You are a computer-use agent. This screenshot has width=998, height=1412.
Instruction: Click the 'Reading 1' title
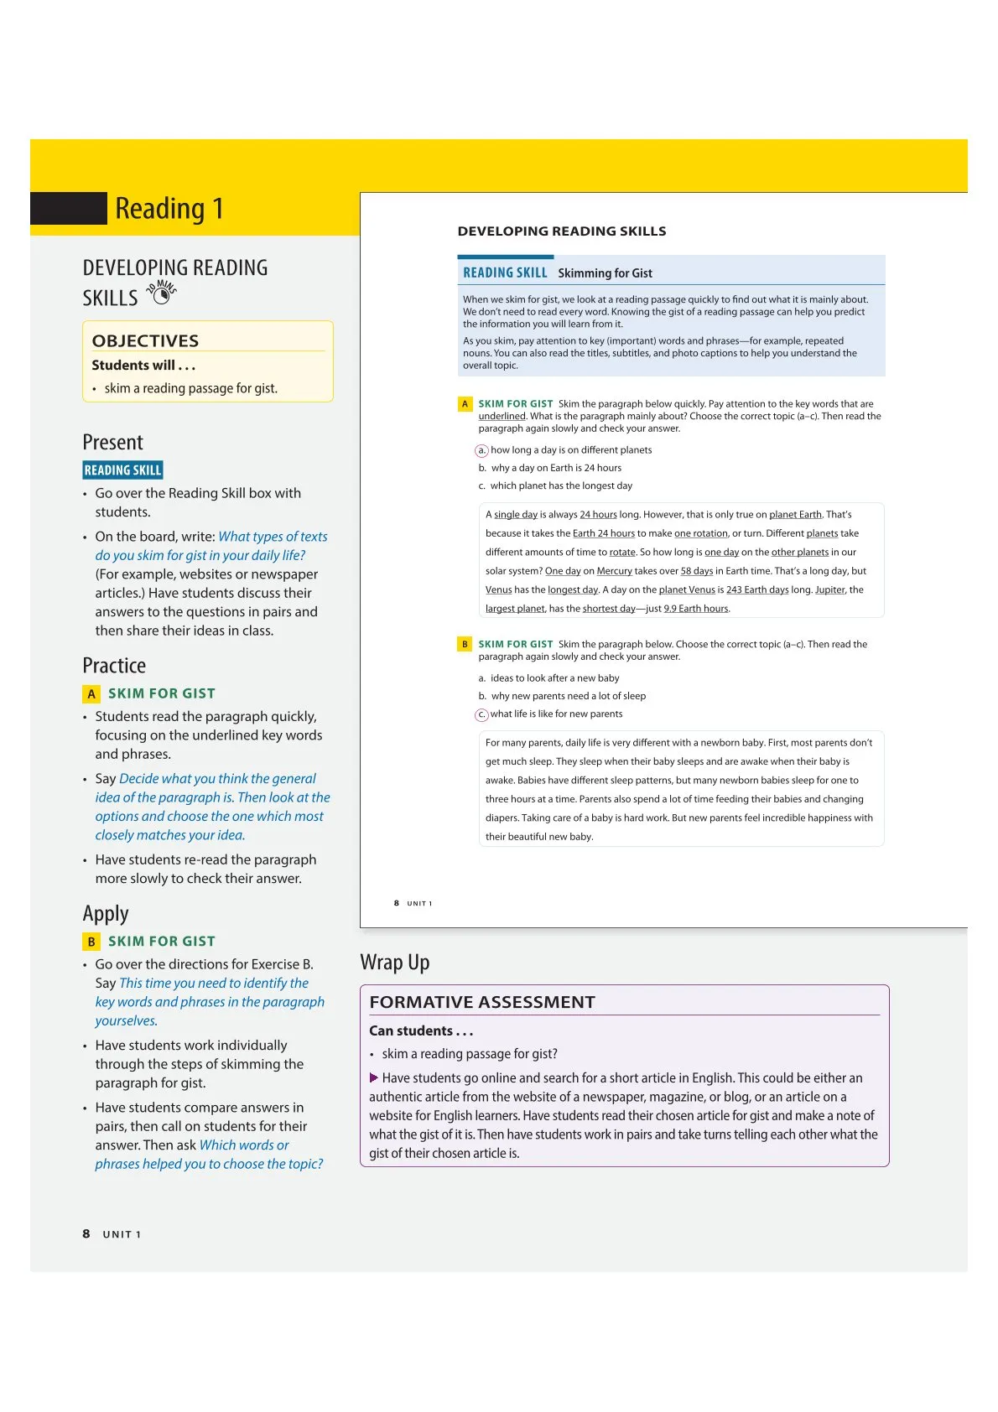click(169, 208)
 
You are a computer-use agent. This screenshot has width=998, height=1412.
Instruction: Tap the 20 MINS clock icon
click(161, 294)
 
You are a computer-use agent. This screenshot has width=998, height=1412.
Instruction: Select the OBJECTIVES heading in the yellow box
click(145, 340)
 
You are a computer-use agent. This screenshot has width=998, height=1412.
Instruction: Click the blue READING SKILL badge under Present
click(122, 470)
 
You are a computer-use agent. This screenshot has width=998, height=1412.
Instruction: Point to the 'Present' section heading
click(112, 443)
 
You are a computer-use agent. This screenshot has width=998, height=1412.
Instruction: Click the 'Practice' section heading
click(114, 666)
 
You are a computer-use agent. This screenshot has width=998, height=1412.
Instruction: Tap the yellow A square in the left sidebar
click(91, 694)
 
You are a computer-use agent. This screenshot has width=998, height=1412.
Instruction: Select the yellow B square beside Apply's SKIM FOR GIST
click(91, 942)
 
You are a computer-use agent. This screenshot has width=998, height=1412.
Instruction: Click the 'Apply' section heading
click(106, 914)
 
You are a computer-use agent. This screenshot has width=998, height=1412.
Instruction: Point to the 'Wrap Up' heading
click(394, 963)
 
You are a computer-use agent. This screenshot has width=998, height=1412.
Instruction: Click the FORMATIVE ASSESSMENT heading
click(482, 1002)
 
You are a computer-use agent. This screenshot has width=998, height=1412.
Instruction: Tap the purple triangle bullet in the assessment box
click(374, 1077)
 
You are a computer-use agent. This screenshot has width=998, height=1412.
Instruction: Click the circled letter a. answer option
click(481, 450)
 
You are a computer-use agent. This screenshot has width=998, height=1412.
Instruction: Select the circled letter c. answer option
click(481, 714)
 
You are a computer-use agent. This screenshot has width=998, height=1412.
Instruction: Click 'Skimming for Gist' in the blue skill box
click(605, 273)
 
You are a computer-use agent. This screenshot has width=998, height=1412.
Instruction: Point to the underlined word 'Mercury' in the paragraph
click(614, 571)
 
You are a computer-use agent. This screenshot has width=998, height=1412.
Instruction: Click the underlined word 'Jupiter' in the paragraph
click(829, 589)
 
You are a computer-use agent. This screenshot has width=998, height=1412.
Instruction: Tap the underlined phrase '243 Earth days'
click(757, 589)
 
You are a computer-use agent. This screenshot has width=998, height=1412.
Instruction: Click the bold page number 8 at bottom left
click(86, 1233)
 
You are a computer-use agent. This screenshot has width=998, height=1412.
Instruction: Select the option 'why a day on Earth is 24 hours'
click(556, 468)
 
